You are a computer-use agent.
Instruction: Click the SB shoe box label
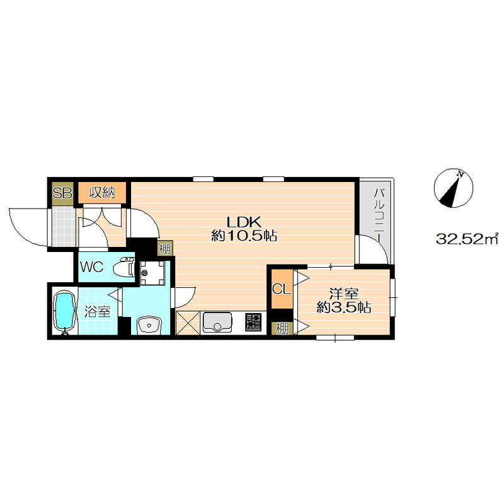pyautogui.click(x=62, y=193)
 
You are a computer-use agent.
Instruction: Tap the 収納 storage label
pyautogui.click(x=102, y=193)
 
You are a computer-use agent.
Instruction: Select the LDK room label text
pyautogui.click(x=244, y=222)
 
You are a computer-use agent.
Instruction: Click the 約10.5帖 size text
pyautogui.click(x=244, y=236)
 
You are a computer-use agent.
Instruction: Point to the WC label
pyautogui.click(x=91, y=267)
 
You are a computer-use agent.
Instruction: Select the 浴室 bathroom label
pyautogui.click(x=98, y=311)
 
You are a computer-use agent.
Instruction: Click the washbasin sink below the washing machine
pyautogui.click(x=149, y=325)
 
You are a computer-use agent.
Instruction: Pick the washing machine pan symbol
pyautogui.click(x=152, y=273)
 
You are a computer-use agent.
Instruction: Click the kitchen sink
pyautogui.click(x=217, y=323)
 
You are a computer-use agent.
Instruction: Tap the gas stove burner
pyautogui.click(x=254, y=323)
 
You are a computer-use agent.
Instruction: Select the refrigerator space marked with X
pyautogui.click(x=188, y=323)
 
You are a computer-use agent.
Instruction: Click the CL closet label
pyautogui.click(x=282, y=289)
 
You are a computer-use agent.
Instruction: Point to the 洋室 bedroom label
pyautogui.click(x=343, y=294)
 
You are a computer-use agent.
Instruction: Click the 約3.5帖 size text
pyautogui.click(x=343, y=307)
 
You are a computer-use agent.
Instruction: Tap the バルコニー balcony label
pyautogui.click(x=379, y=215)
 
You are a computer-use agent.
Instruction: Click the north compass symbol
pyautogui.click(x=453, y=188)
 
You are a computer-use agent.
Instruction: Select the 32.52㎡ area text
pyautogui.click(x=467, y=239)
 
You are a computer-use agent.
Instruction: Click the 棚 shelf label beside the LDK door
pyautogui.click(x=165, y=249)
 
